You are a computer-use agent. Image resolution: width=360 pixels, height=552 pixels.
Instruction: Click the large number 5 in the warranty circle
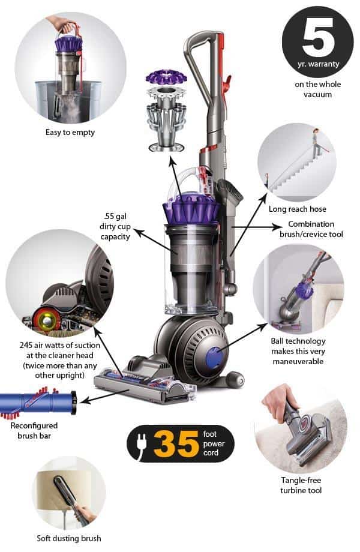coord(317,35)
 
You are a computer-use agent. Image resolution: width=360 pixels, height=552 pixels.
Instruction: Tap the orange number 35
coord(176,443)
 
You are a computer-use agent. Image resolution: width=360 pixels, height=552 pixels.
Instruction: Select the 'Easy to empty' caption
coord(70,132)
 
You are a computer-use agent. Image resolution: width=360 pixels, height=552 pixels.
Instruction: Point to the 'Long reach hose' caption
coord(298,209)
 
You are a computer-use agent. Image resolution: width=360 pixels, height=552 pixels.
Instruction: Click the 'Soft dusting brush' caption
coord(69,538)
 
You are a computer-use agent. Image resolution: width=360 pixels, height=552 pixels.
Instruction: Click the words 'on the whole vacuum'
coord(317,89)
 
